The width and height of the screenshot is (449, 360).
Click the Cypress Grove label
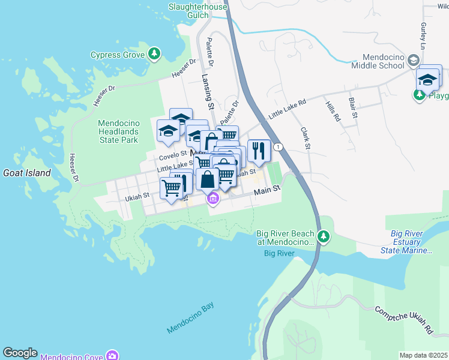[x=117, y=55]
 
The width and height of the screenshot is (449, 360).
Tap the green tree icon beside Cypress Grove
[x=154, y=55]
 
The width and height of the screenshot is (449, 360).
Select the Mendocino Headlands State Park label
[x=118, y=131]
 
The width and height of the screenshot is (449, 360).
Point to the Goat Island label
[x=27, y=173]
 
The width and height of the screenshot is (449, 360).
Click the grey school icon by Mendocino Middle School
[x=413, y=61]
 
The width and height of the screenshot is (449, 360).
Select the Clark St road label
[x=305, y=139]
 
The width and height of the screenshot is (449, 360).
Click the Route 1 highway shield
[x=278, y=147]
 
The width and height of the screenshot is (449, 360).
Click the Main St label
[x=267, y=190]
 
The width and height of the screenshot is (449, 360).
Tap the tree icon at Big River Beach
[x=324, y=237]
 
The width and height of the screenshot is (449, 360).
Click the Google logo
[x=20, y=353]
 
